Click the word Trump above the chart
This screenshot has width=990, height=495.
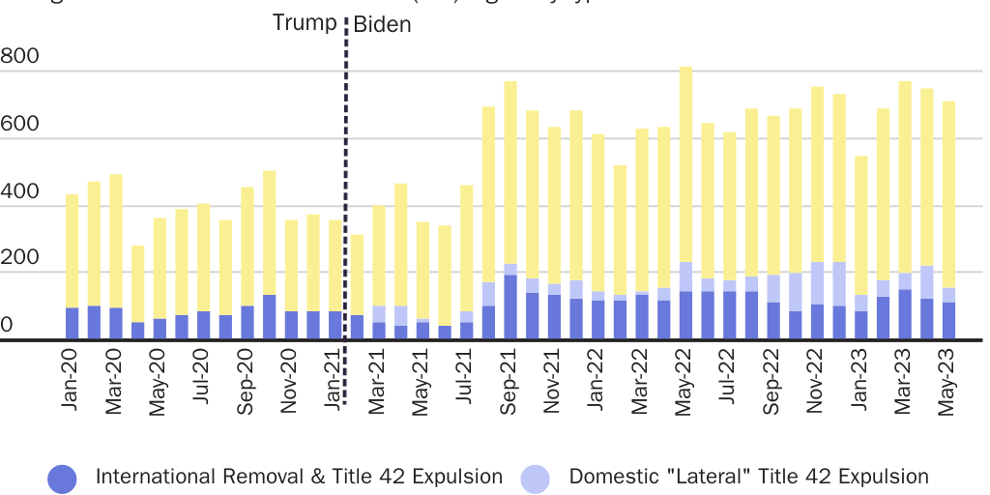pyautogui.click(x=305, y=22)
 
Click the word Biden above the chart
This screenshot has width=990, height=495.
pyautogui.click(x=382, y=25)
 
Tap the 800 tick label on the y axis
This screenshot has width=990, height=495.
pyautogui.click(x=19, y=56)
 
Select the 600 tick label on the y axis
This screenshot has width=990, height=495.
pyautogui.click(x=19, y=125)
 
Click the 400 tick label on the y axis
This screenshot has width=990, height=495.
pyautogui.click(x=19, y=192)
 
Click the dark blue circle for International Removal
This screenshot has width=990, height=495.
pyautogui.click(x=62, y=478)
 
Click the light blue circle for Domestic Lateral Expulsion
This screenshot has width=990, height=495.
pyautogui.click(x=535, y=478)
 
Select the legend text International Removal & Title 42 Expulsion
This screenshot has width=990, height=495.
pyautogui.click(x=299, y=477)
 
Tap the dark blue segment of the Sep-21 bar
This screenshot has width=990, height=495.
pyautogui.click(x=510, y=306)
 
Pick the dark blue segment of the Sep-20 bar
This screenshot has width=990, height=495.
pyautogui.click(x=247, y=323)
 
